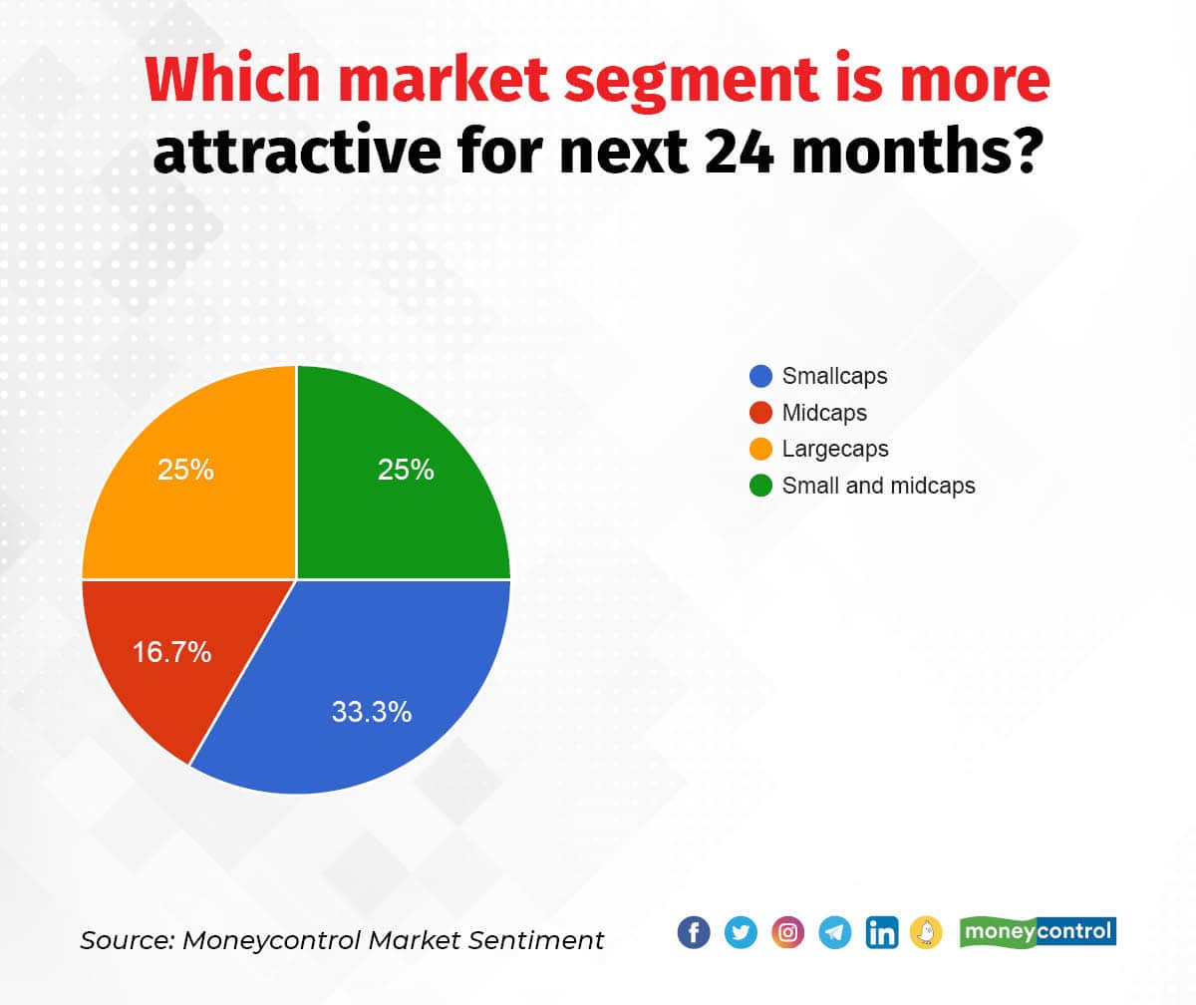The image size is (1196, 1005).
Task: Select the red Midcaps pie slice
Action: pyautogui.click(x=159, y=658)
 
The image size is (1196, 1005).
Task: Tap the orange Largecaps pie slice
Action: pyautogui.click(x=199, y=479)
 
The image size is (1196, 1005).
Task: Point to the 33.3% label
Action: pyautogui.click(x=371, y=712)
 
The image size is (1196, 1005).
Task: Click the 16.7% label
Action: pyautogui.click(x=171, y=653)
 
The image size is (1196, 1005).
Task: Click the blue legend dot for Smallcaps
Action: pyautogui.click(x=760, y=376)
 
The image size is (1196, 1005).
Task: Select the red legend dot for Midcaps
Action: pyautogui.click(x=760, y=412)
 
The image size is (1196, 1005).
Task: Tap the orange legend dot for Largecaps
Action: pyautogui.click(x=760, y=449)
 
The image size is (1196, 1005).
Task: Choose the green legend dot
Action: pyautogui.click(x=760, y=486)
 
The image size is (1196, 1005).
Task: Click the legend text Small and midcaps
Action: pyautogui.click(x=878, y=486)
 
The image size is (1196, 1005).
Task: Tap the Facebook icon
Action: pyautogui.click(x=694, y=932)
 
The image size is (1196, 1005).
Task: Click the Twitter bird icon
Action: pyautogui.click(x=741, y=932)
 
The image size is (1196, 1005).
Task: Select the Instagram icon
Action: pyautogui.click(x=787, y=932)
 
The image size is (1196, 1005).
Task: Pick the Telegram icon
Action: pyautogui.click(x=835, y=932)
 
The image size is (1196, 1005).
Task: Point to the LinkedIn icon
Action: pyautogui.click(x=882, y=932)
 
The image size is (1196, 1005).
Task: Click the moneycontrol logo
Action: pyautogui.click(x=1038, y=931)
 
